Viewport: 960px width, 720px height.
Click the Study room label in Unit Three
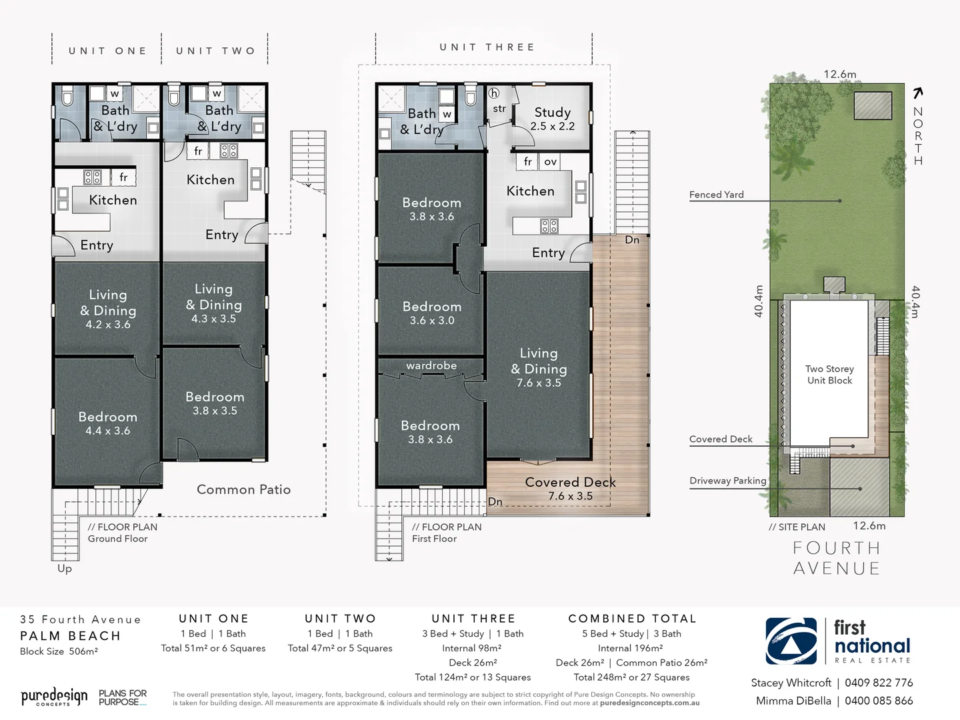coord(552,118)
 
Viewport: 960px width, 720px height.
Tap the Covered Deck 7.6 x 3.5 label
coord(570,488)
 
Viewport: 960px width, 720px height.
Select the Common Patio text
coord(243,489)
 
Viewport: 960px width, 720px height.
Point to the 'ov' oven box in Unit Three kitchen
coord(550,161)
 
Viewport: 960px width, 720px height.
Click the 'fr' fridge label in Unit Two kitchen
coord(198,151)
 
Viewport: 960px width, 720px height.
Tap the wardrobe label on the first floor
coord(431,365)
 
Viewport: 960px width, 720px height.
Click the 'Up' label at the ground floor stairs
coord(65,568)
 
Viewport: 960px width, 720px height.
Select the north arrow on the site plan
coord(918,93)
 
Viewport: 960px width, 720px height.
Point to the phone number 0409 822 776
coord(879,683)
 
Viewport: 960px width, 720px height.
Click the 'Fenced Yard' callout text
coord(716,195)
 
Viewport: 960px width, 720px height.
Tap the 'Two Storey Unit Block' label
coord(829,374)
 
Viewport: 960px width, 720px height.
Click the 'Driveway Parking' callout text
coord(727,481)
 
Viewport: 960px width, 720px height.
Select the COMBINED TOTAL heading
coord(632,619)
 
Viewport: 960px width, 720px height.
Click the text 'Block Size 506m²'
coord(59,651)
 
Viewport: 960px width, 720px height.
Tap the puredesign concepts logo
coord(53,697)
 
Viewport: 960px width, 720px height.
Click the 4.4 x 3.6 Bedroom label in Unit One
coord(107,423)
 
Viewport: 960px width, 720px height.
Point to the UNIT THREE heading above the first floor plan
coord(487,47)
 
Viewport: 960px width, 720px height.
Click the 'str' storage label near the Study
coord(499,109)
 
